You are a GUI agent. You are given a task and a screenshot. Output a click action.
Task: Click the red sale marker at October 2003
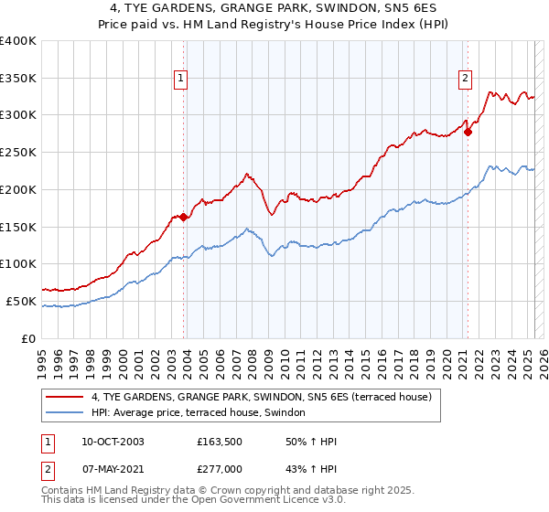coord(184,217)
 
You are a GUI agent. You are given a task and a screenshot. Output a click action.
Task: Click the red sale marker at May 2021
coord(468,132)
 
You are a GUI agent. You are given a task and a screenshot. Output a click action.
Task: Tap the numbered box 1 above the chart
coord(180,80)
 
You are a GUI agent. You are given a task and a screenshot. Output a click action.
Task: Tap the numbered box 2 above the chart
coord(465,80)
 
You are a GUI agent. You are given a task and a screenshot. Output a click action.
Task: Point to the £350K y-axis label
coord(18,79)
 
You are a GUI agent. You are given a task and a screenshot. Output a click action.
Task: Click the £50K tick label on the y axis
coord(21,301)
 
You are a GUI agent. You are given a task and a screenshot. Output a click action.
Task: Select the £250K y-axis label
coord(18,153)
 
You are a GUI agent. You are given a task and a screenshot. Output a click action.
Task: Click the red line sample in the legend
coord(64,397)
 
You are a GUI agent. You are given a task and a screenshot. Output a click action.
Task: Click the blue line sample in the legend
coord(64,413)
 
